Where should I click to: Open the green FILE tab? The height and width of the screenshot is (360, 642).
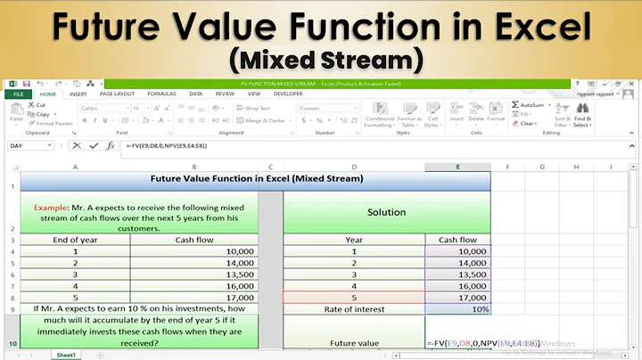pyautogui.click(x=17, y=94)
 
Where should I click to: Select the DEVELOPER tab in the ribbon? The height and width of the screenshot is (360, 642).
pyautogui.click(x=287, y=94)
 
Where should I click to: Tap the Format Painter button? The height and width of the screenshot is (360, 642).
pyautogui.click(x=53, y=123)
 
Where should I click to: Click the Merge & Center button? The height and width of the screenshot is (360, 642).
pyautogui.click(x=264, y=120)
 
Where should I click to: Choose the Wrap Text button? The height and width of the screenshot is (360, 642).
pyautogui.click(x=253, y=108)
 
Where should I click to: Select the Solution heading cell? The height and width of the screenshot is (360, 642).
pyautogui.click(x=386, y=212)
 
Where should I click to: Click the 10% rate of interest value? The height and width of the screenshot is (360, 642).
pyautogui.click(x=457, y=308)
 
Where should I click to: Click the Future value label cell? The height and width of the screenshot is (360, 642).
pyautogui.click(x=354, y=342)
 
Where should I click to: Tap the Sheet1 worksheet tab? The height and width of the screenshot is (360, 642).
pyautogui.click(x=67, y=355)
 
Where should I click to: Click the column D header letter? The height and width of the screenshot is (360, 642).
pyautogui.click(x=354, y=167)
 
